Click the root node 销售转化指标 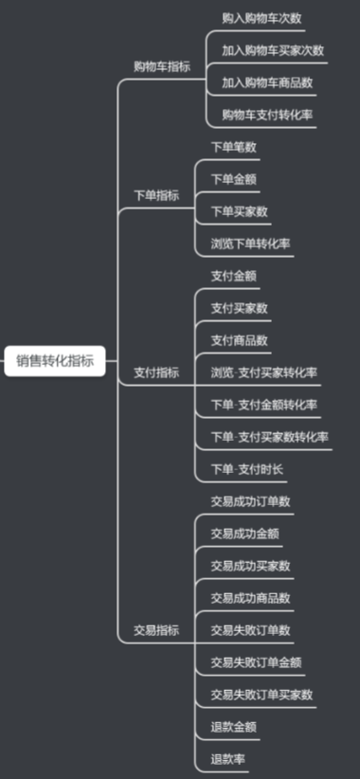click(55, 360)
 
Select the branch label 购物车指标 click(161, 66)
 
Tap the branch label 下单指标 click(155, 195)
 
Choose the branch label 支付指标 click(155, 372)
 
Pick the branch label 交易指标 click(155, 629)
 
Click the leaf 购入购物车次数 click(261, 18)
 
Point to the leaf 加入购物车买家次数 click(273, 50)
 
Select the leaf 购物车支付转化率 click(267, 115)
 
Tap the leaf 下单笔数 click(233, 147)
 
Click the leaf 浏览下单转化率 click(250, 244)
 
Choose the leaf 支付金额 click(233, 276)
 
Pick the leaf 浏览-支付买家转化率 click(264, 372)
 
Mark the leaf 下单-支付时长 click(246, 469)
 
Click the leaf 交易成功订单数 click(250, 501)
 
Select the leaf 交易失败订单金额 click(256, 661)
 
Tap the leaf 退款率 click(227, 759)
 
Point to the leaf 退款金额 click(233, 727)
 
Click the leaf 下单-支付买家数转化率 click(270, 437)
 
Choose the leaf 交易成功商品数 click(250, 597)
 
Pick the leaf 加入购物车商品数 click(267, 82)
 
